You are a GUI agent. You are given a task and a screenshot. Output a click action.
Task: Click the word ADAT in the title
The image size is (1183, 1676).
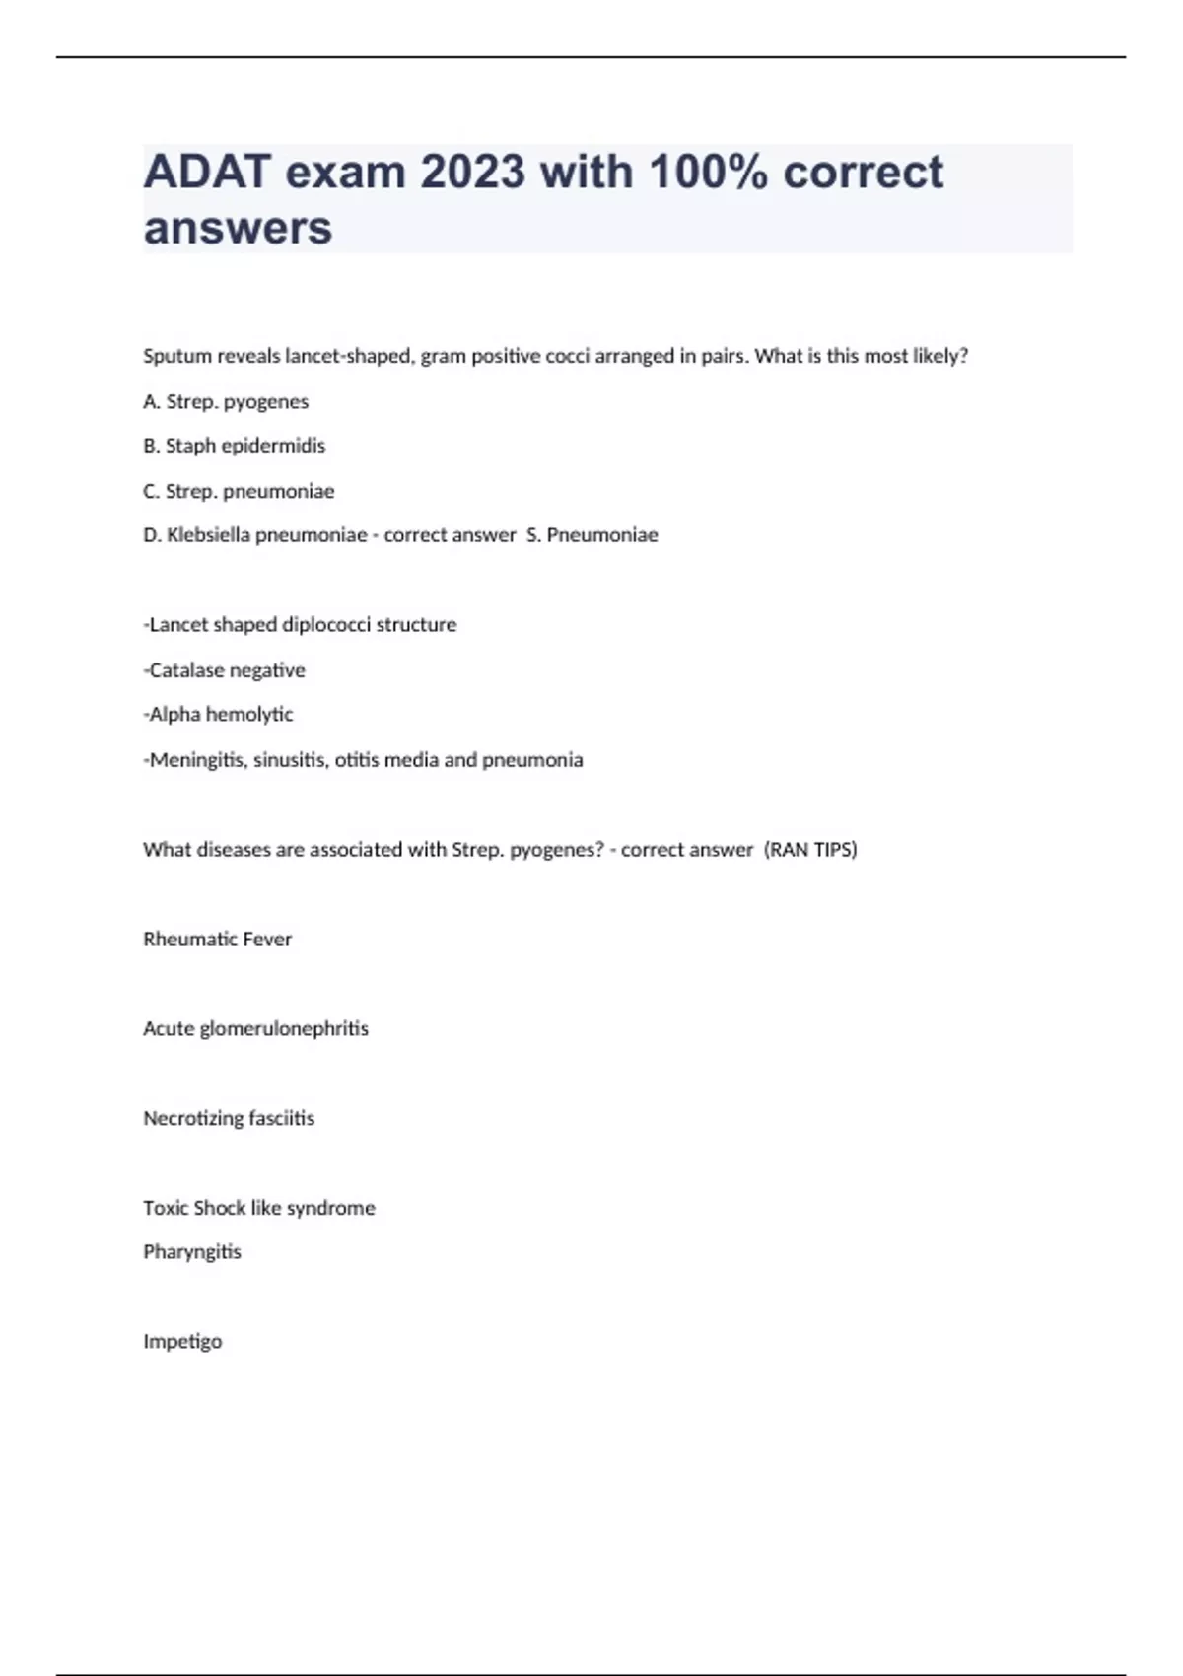206,173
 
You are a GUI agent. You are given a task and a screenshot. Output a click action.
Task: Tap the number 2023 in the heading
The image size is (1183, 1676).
473,173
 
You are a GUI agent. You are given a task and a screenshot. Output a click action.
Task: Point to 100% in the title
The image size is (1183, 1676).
710,173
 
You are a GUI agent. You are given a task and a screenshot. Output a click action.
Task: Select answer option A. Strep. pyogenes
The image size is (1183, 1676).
226,401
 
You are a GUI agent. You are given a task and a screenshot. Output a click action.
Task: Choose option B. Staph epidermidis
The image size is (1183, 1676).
234,446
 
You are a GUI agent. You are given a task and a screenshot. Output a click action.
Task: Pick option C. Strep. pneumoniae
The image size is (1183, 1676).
239,491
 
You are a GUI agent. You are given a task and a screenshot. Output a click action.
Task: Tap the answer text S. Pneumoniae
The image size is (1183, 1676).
592,535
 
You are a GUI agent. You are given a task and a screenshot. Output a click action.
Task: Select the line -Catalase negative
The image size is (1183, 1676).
225,670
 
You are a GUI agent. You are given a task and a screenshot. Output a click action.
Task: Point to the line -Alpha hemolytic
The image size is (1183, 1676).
218,714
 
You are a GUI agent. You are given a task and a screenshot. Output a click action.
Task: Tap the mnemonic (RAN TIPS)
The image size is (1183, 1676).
810,850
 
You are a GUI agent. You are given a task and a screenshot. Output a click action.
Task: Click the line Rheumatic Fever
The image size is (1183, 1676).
217,940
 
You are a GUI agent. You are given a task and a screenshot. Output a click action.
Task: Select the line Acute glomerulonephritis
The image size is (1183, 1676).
255,1029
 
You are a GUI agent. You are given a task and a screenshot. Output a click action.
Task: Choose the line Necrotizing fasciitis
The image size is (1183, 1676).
229,1118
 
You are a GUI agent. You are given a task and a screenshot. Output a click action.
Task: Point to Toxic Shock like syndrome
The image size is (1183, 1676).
258,1208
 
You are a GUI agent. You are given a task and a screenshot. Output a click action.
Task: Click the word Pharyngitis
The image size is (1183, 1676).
192,1252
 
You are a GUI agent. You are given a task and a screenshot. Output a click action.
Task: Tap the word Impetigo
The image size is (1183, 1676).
182,1342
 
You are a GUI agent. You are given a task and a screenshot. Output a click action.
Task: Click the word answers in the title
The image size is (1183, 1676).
238,228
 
